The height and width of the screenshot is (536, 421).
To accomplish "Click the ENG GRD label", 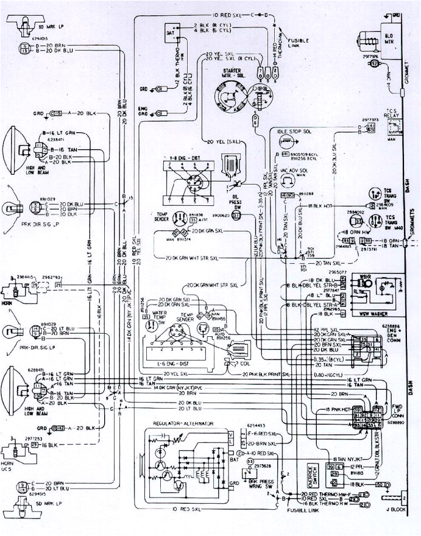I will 144,110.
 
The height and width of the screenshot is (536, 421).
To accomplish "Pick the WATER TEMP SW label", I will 149,318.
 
